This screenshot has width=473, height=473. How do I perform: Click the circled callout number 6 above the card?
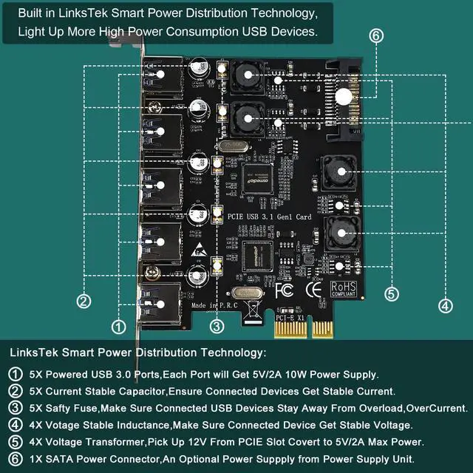(376, 36)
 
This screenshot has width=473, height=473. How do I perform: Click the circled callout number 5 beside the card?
(391, 294)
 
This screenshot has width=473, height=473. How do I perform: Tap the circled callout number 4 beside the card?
(445, 304)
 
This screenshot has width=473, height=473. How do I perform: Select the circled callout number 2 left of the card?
(84, 300)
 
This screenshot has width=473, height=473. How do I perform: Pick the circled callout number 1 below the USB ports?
(118, 326)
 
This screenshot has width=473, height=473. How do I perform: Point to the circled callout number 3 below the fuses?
(217, 325)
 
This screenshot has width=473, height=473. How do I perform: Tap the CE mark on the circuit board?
(313, 287)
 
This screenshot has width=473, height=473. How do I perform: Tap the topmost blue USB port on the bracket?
(161, 80)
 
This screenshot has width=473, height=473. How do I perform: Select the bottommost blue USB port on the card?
(161, 301)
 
